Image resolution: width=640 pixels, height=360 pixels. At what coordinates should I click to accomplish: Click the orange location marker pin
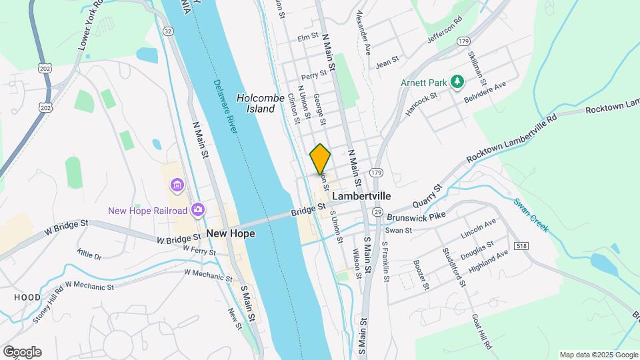click(x=320, y=159)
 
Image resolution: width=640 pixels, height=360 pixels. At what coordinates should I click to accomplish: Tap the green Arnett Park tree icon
click(x=457, y=81)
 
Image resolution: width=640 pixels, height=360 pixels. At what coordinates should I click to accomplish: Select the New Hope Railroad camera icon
click(x=197, y=211)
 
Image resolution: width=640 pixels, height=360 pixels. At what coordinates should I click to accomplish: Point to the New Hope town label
click(x=231, y=233)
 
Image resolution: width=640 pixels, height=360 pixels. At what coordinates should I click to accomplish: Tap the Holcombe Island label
click(x=255, y=103)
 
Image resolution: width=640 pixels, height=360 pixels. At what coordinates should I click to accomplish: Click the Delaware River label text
click(x=226, y=107)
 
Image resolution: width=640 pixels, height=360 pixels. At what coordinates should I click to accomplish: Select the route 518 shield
click(x=522, y=246)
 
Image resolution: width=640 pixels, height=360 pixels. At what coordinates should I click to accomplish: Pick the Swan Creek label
click(x=531, y=215)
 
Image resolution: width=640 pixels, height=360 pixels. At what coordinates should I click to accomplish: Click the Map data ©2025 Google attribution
click(x=599, y=355)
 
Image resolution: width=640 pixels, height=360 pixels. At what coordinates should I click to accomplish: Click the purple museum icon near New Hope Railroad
click(x=177, y=184)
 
